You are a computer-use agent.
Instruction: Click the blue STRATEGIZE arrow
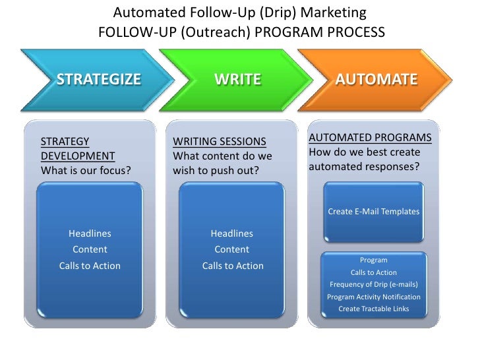(x=98, y=80)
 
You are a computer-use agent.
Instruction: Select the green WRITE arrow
(x=237, y=80)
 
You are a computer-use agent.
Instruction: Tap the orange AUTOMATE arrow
(x=376, y=80)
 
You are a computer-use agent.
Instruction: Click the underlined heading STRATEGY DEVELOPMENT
(x=78, y=148)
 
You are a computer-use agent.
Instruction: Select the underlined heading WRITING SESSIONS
(x=219, y=141)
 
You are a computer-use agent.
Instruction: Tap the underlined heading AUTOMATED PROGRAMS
(x=370, y=138)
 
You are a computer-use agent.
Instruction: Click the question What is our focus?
(x=86, y=171)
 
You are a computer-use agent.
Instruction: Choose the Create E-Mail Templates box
(x=373, y=212)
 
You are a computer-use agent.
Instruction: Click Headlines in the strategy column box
(x=90, y=233)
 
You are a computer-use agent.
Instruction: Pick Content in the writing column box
(x=231, y=249)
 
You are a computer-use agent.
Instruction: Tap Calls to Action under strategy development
(x=90, y=266)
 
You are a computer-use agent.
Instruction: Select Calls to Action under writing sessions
(x=232, y=266)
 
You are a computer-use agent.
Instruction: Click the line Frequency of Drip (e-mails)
(x=373, y=284)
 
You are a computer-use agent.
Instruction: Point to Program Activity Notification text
(x=373, y=297)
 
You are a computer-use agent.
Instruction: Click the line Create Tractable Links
(x=373, y=309)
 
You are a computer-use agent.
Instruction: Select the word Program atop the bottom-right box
(x=373, y=260)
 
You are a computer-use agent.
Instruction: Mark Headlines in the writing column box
(x=231, y=233)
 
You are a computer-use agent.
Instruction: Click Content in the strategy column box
(x=90, y=249)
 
